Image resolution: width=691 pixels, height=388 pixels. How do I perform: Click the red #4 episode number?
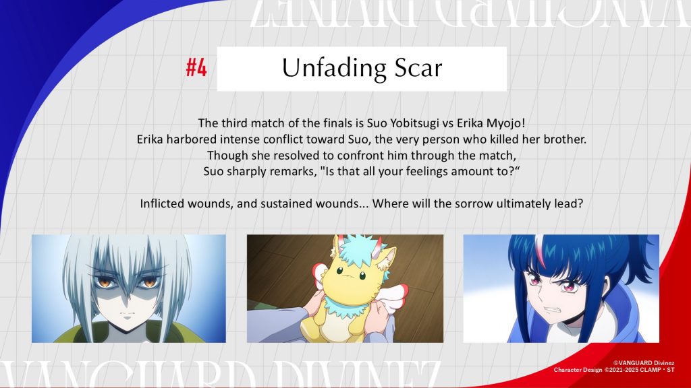[196, 68]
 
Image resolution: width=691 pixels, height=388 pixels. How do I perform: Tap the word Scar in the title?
[418, 68]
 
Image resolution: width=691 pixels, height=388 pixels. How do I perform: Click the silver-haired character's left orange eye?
[104, 282]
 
